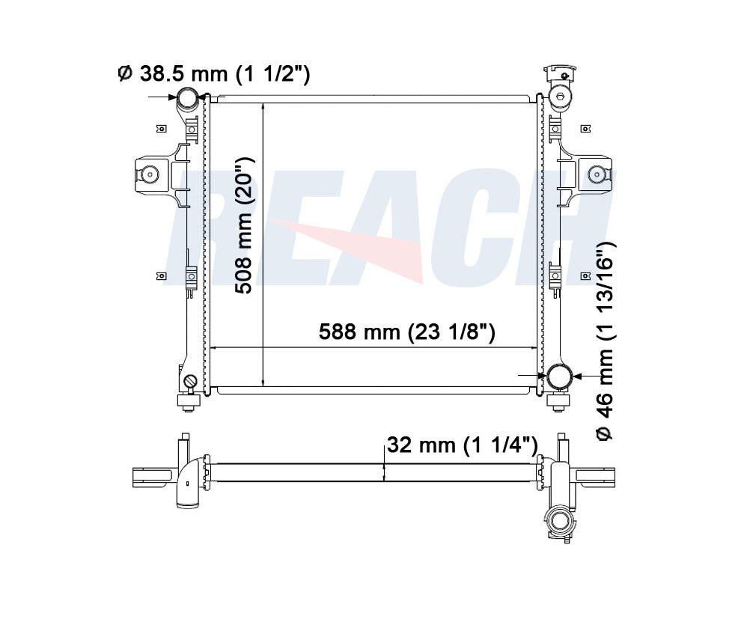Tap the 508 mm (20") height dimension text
click(244, 225)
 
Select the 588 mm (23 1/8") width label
click(406, 332)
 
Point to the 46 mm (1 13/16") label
click(605, 341)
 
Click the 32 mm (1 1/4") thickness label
click(462, 445)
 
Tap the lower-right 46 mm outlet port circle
click(559, 376)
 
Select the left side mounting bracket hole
click(150, 174)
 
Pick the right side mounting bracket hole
click(597, 174)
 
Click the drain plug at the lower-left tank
click(190, 381)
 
